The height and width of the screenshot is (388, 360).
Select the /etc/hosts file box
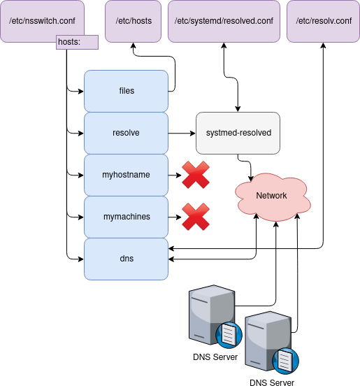(x=133, y=21)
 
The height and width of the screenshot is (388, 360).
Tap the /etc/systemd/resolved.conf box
(x=224, y=21)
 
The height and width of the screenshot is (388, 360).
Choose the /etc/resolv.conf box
(x=323, y=21)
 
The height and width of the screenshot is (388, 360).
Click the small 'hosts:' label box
(x=77, y=43)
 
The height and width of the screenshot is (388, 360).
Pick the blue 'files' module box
(x=127, y=91)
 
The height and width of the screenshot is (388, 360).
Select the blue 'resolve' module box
(x=127, y=133)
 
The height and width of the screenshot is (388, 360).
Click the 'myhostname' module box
(x=127, y=175)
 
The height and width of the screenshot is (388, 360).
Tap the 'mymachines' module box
(x=127, y=217)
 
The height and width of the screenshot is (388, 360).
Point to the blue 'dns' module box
(x=127, y=259)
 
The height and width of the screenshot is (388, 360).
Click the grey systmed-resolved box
(x=238, y=133)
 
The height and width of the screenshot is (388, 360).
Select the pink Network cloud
(x=272, y=196)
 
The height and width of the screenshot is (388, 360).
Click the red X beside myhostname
(x=196, y=175)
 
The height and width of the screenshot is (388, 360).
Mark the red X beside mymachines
(x=196, y=217)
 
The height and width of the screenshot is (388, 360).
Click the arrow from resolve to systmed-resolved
(x=182, y=134)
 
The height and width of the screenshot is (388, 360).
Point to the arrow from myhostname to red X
(x=175, y=175)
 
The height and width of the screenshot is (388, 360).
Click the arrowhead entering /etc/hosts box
(x=134, y=45)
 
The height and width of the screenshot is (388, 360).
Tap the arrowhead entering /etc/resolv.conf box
(x=323, y=45)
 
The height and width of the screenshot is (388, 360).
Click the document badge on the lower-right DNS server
(x=285, y=361)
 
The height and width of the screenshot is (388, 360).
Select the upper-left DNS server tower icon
(x=212, y=315)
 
